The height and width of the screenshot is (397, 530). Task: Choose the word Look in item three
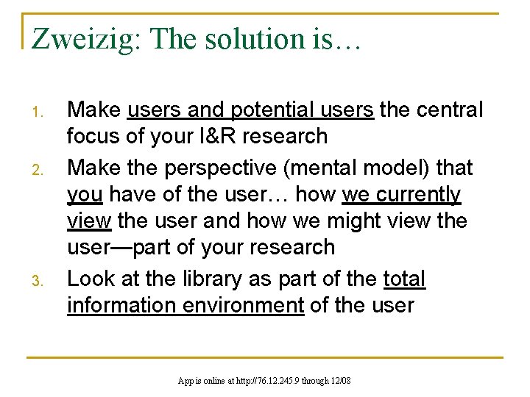89,279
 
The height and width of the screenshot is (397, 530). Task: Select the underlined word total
404,279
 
